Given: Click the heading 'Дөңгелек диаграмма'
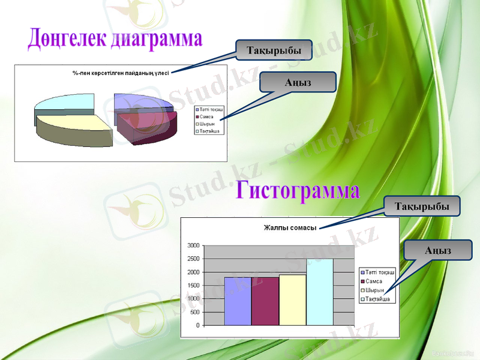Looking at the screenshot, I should pyautogui.click(x=115, y=38).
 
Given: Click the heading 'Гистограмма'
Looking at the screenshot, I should pyautogui.click(x=298, y=190).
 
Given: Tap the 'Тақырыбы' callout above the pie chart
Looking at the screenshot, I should pyautogui.click(x=274, y=50).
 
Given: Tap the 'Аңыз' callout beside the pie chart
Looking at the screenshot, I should pyautogui.click(x=298, y=82).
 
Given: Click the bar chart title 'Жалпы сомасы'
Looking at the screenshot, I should pyautogui.click(x=290, y=227).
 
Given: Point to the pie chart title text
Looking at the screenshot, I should pyautogui.click(x=121, y=73).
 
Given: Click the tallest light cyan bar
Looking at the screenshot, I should pyautogui.click(x=320, y=292).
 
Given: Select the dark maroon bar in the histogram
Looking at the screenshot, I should pyautogui.click(x=265, y=301).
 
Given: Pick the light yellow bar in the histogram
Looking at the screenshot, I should pyautogui.click(x=292, y=300).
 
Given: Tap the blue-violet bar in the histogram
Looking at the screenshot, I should pyautogui.click(x=238, y=301).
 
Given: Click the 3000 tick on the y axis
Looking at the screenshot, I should pyautogui.click(x=193, y=245).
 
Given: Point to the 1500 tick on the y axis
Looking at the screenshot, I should pyautogui.click(x=193, y=286).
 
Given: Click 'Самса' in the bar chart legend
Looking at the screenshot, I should pyautogui.click(x=373, y=281).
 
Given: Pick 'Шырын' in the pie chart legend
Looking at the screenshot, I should pyautogui.click(x=207, y=124).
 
